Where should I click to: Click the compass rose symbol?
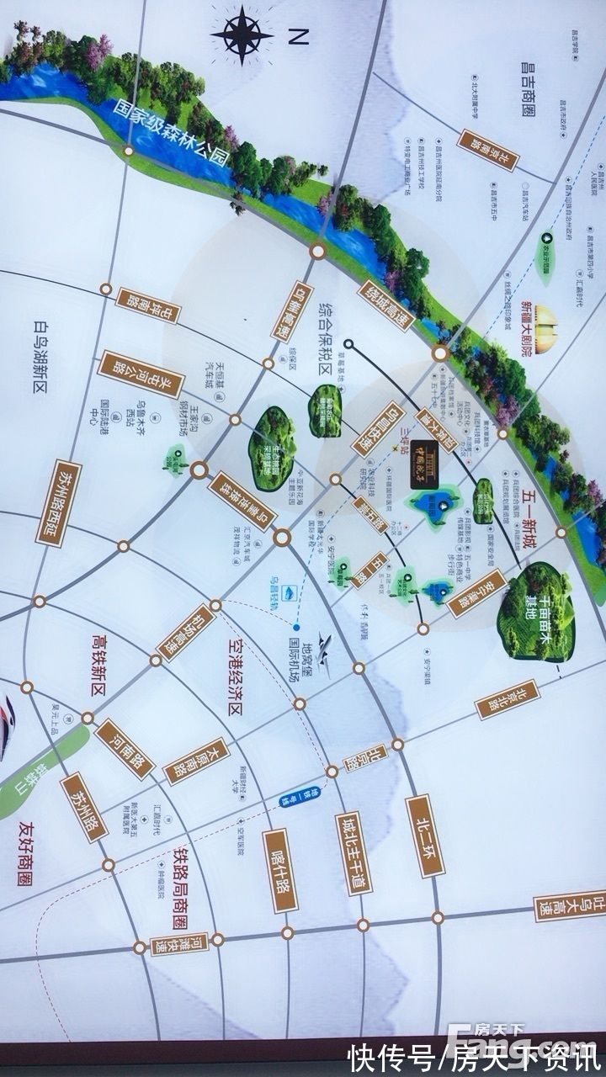pyautogui.click(x=242, y=34)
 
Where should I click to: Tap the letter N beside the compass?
pyautogui.click(x=298, y=36)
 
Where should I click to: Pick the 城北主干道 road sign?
pyautogui.click(x=353, y=853)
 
